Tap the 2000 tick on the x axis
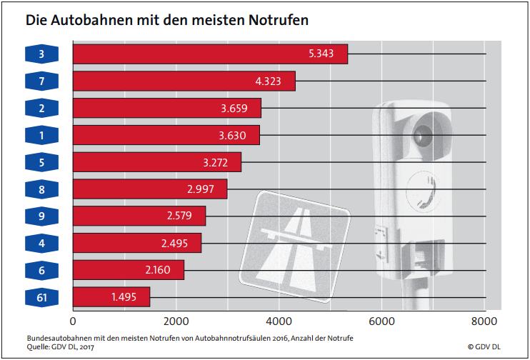175,321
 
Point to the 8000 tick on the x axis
485,321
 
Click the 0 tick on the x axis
73,321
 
